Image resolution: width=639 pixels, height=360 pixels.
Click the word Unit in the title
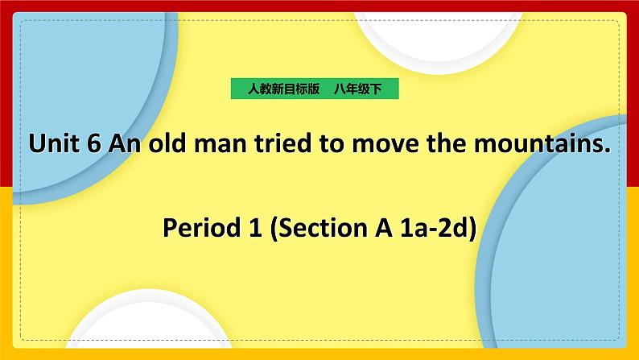pos(53,144)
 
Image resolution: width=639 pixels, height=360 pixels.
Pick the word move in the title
pos(377,146)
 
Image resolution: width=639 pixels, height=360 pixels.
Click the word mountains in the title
pos(532,144)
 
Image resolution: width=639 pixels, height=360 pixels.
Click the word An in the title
pos(123,144)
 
